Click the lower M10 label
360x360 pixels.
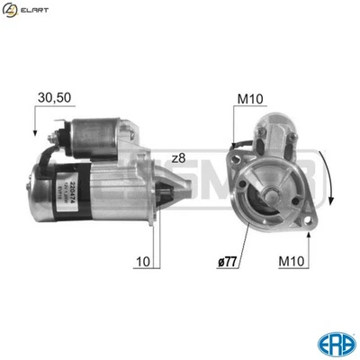[293, 262]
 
